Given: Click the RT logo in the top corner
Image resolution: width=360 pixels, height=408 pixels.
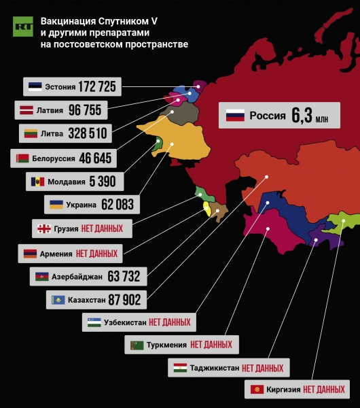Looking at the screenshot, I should coord(22,27).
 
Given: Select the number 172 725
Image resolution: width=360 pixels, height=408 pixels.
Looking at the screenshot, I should coord(97,86).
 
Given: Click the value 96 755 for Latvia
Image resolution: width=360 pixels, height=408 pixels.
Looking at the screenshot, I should coord(84,109).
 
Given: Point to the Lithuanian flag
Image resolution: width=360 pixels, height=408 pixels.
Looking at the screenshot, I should coord(31,133).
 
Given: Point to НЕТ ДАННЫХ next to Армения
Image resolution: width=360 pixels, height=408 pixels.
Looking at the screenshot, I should coord(96,254).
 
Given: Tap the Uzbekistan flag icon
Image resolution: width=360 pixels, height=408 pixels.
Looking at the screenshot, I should coord(94,322).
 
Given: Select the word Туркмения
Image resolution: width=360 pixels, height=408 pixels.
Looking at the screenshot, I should coord(166,345).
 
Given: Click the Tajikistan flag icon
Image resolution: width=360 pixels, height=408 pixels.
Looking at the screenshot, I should coord(180,368).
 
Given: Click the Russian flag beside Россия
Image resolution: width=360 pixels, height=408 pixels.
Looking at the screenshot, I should coord(234,116).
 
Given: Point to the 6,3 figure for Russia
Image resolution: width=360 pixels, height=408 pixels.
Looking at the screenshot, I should coord(301,116).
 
